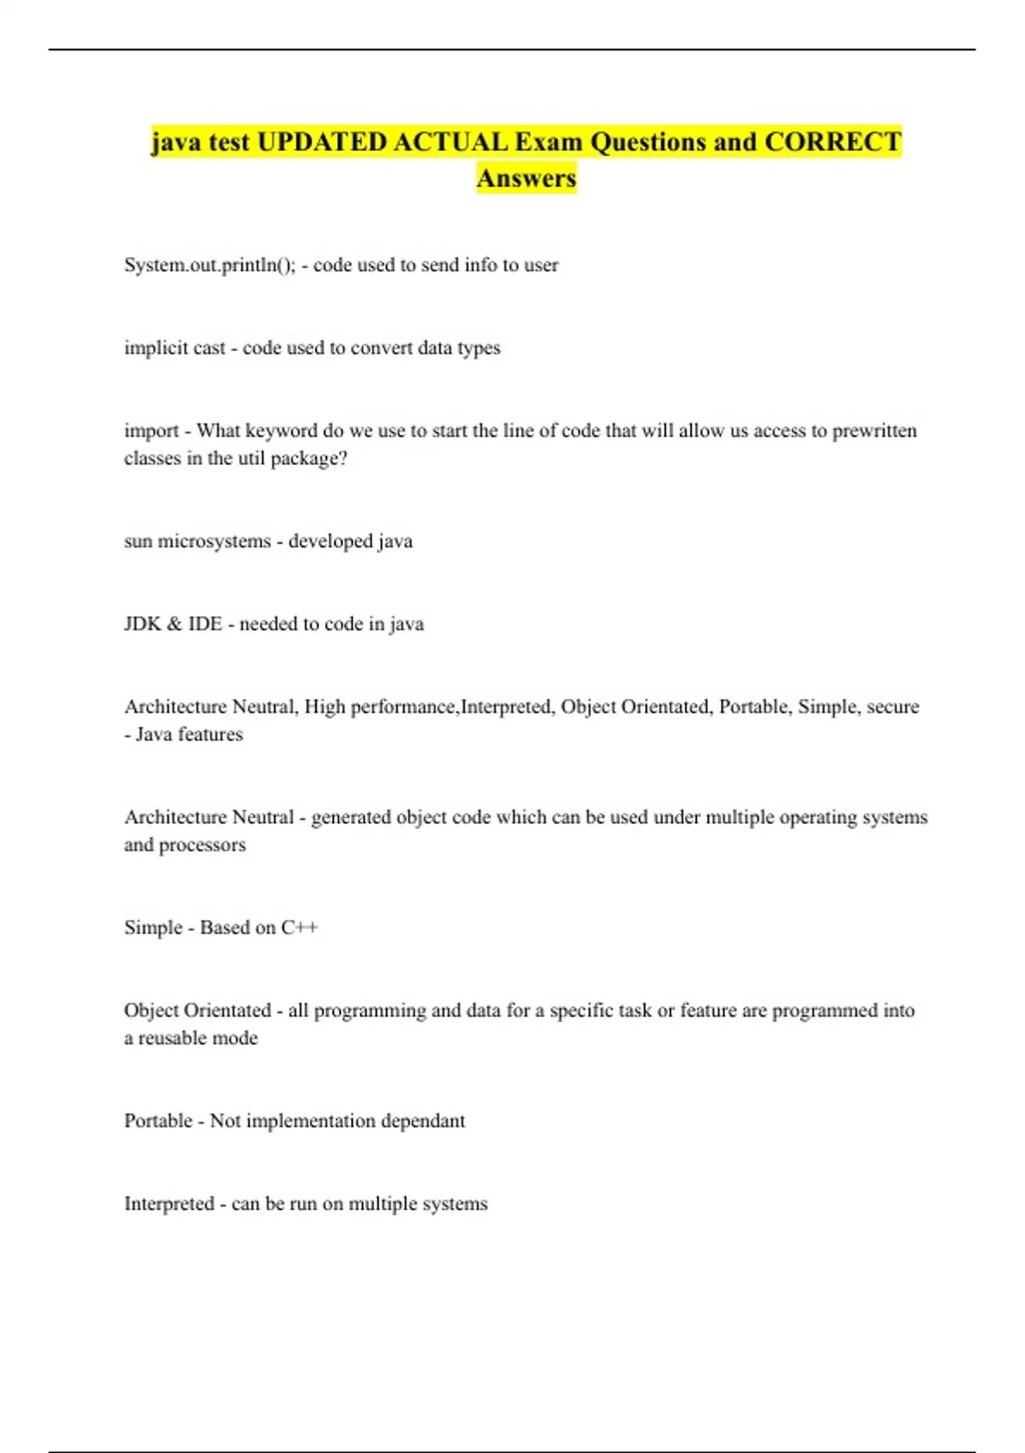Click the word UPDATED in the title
pyautogui.click(x=321, y=142)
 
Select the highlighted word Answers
pyautogui.click(x=526, y=179)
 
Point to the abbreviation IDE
pyautogui.click(x=205, y=624)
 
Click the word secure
pyautogui.click(x=893, y=707)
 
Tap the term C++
pyautogui.click(x=300, y=928)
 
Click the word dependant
pyautogui.click(x=423, y=1121)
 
